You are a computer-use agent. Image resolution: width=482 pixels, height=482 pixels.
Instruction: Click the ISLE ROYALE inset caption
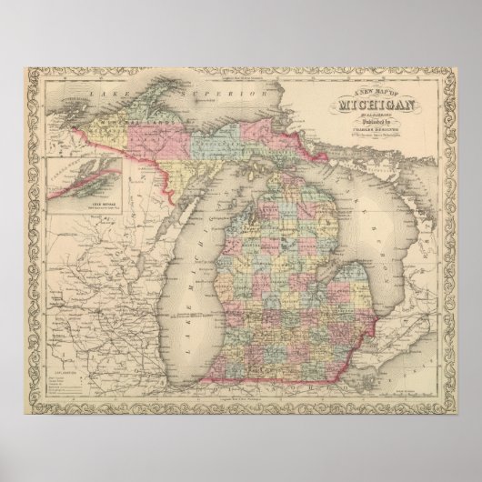click(85, 206)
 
